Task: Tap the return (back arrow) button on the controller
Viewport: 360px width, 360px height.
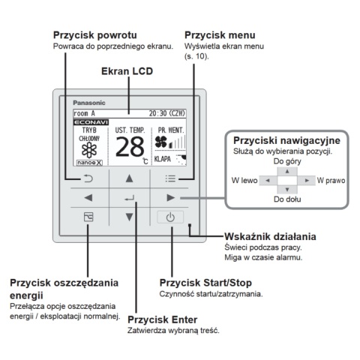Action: pyautogui.click(x=88, y=178)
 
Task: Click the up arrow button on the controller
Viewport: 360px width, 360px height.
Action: pyautogui.click(x=130, y=178)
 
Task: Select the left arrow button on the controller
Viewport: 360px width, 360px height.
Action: pyautogui.click(x=88, y=198)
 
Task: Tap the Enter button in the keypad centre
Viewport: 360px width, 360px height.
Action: pyautogui.click(x=130, y=198)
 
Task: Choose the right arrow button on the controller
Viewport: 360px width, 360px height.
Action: pyautogui.click(x=171, y=198)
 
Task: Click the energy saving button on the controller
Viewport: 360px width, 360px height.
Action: pyautogui.click(x=88, y=217)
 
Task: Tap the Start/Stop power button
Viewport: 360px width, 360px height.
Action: pyautogui.click(x=171, y=217)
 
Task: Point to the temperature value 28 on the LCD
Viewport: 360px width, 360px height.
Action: pyautogui.click(x=129, y=146)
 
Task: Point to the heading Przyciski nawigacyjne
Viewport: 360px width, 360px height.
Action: pyautogui.click(x=286, y=140)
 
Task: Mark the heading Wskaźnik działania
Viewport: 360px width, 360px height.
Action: pyautogui.click(x=269, y=236)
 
